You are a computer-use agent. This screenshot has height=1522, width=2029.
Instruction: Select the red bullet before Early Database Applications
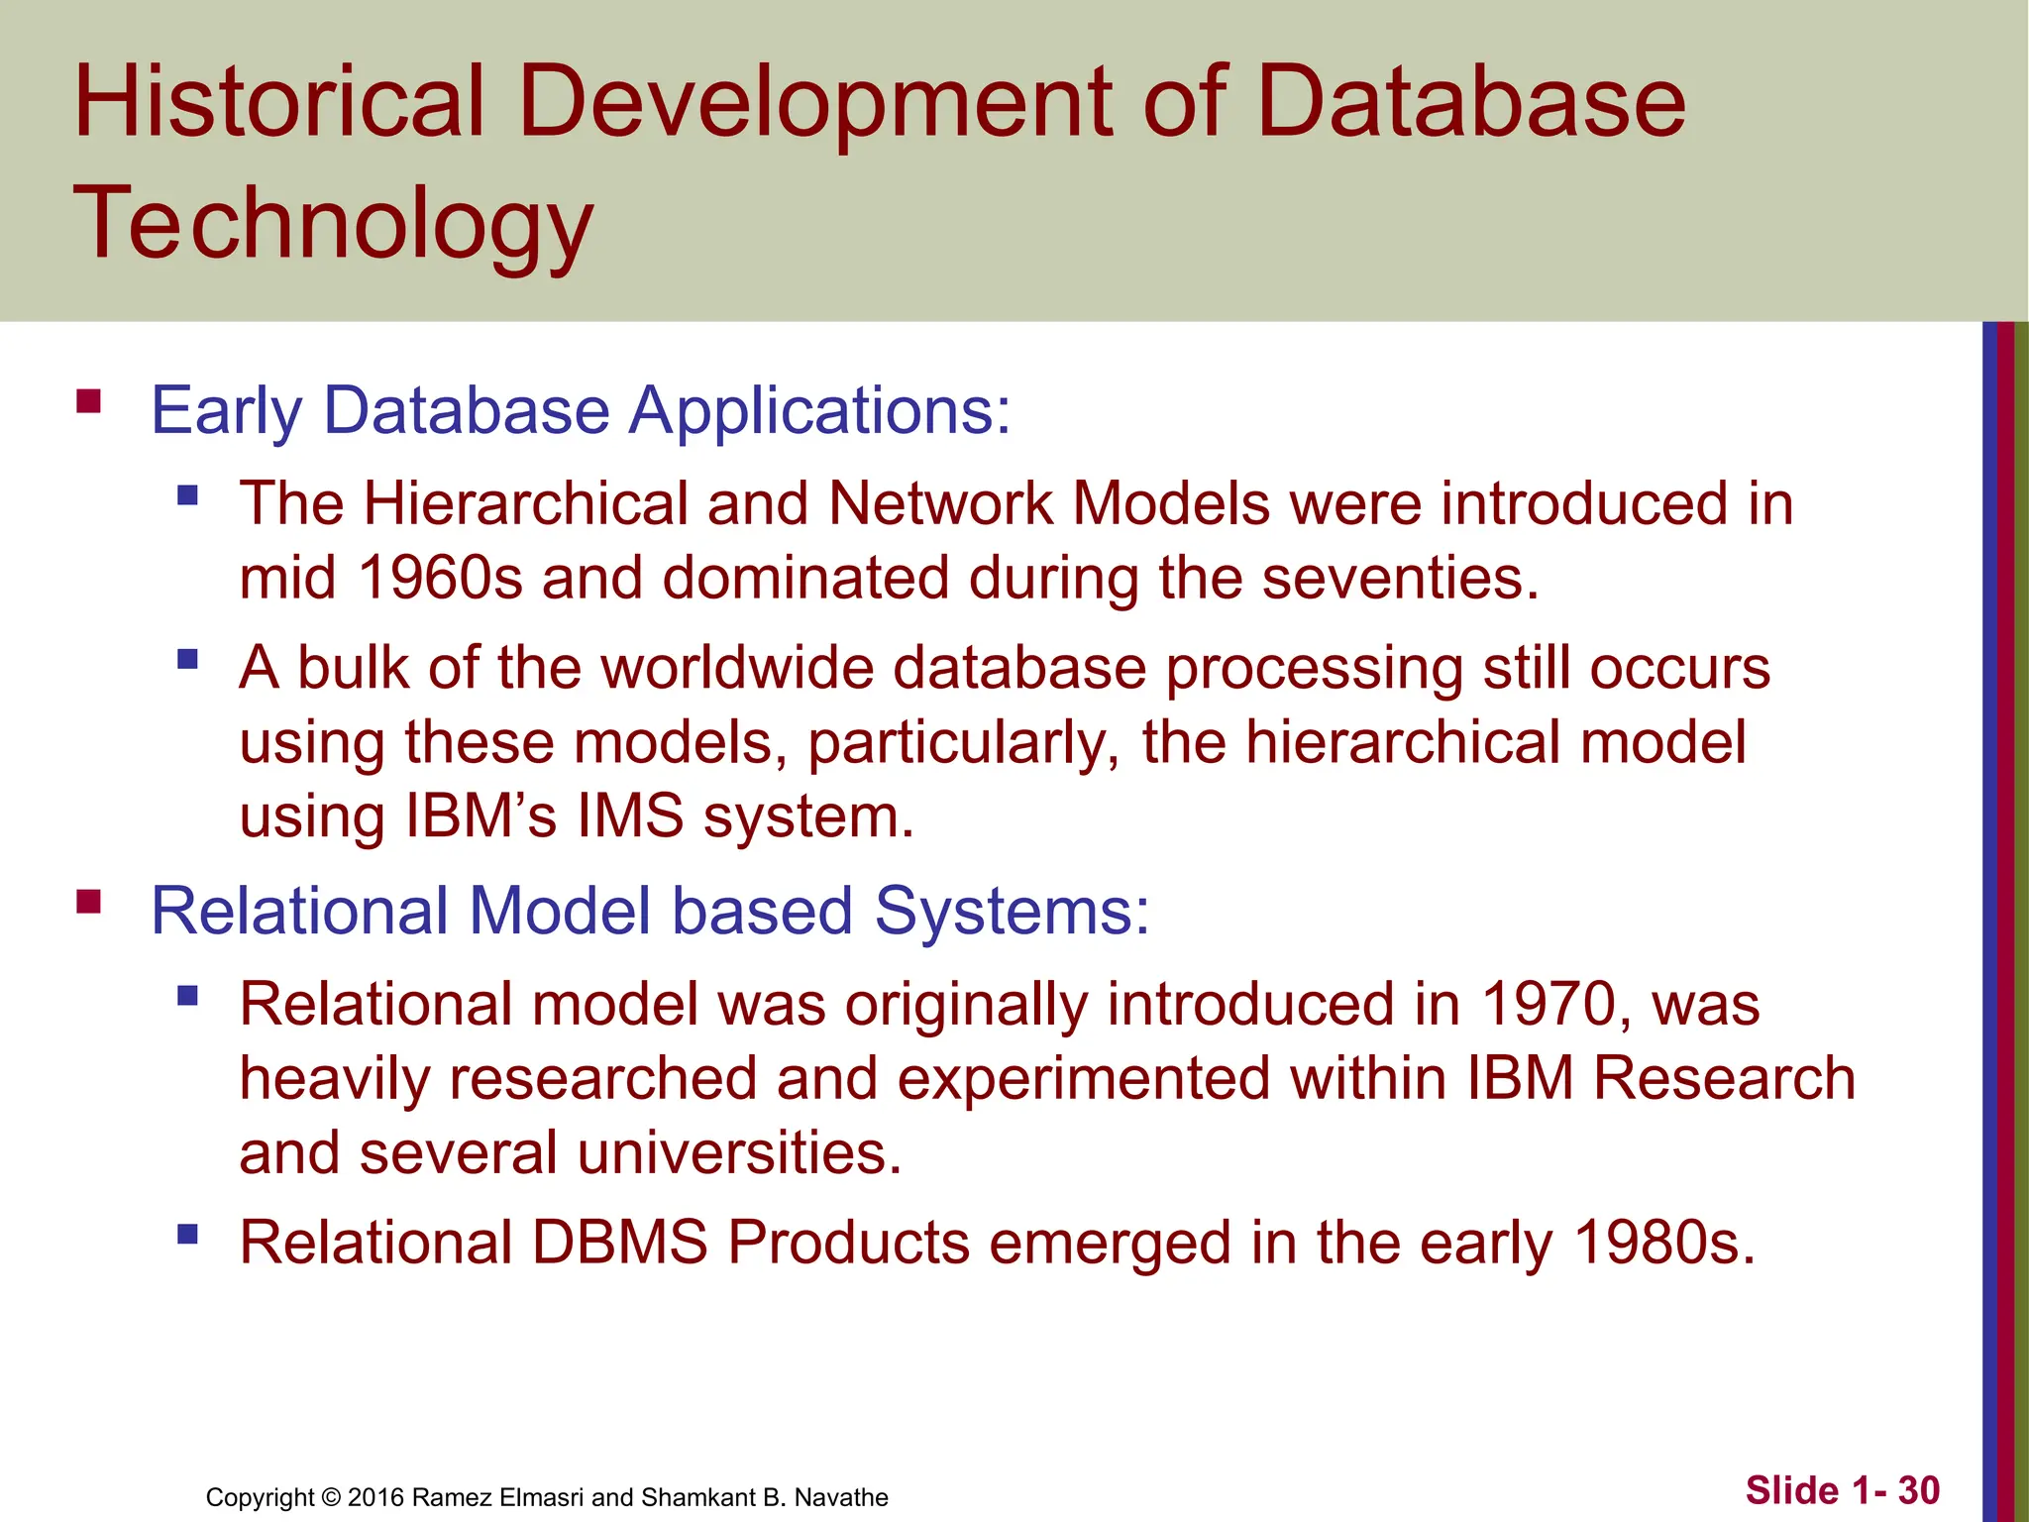[88, 401]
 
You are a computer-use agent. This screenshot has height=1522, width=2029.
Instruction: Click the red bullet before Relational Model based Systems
[88, 902]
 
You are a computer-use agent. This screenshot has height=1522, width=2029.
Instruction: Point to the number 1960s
[439, 578]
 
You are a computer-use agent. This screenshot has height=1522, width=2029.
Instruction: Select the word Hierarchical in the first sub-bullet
[525, 503]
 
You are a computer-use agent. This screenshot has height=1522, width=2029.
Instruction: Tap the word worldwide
[737, 668]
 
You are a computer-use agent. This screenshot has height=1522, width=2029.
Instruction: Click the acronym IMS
[630, 816]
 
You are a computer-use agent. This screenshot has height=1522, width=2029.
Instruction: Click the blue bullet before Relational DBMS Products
[187, 1235]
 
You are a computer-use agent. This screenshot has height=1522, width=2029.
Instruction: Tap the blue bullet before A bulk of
[187, 659]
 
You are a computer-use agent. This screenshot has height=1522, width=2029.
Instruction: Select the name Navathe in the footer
[841, 1497]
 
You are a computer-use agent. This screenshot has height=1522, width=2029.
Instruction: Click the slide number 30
[1918, 1490]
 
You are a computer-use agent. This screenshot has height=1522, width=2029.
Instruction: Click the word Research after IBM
[1723, 1079]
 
